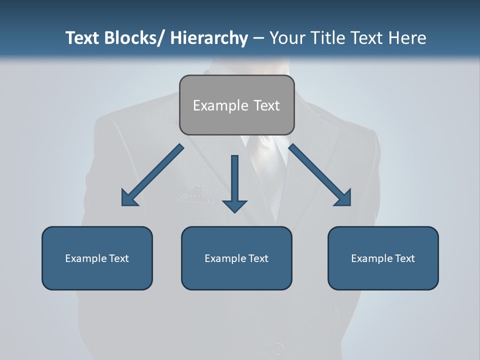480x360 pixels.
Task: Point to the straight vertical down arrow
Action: tap(234, 182)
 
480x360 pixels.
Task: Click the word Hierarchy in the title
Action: tap(209, 38)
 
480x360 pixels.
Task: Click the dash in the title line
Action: tap(258, 38)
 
